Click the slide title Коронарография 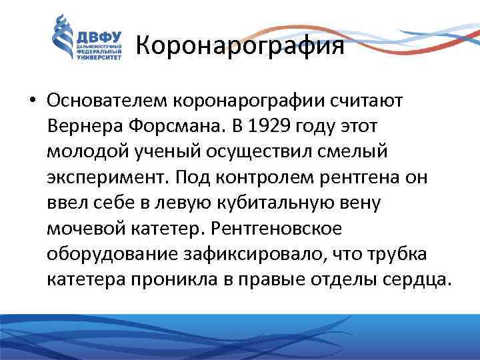point(240,45)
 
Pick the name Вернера point(86,126)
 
